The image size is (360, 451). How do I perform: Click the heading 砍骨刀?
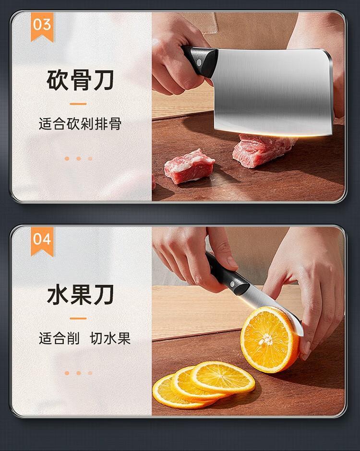(80, 80)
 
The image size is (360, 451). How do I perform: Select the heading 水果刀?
(80, 295)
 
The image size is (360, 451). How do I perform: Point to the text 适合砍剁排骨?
(80, 124)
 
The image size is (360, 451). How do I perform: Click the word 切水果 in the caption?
(110, 338)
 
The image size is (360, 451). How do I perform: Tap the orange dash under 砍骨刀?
(78, 104)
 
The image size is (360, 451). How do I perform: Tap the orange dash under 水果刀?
(78, 319)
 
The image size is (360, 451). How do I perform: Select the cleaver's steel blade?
(274, 92)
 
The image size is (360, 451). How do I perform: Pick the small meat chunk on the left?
(189, 166)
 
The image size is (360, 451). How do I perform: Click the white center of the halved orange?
(266, 340)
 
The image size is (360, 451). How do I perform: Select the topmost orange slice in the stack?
(222, 377)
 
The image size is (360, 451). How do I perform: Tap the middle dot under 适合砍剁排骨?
(79, 158)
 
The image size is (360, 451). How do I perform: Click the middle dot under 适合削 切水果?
(79, 373)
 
